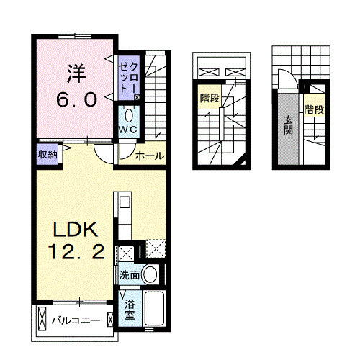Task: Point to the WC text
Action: coord(128,129)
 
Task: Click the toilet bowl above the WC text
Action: coord(129,114)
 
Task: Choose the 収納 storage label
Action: coord(48,153)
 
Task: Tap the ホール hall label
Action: coord(150,156)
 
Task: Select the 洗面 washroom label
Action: coord(130,274)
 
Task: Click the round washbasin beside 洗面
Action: coord(151,274)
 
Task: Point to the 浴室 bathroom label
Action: coord(129,309)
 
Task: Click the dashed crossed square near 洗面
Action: coord(156,249)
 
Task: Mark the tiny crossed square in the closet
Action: coord(137,96)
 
